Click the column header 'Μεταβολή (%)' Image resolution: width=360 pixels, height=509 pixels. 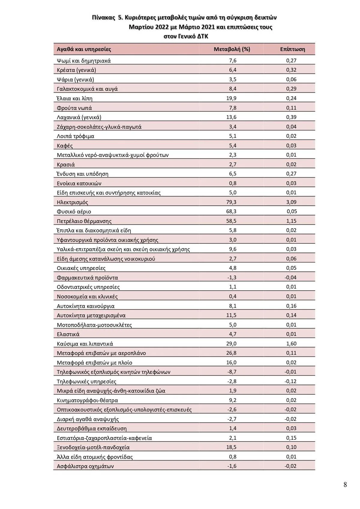[x=232, y=49]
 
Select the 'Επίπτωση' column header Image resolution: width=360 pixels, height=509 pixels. [x=292, y=49]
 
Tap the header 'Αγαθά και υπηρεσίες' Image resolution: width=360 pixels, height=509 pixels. [x=84, y=49]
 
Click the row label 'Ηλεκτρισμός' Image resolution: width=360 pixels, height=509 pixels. [x=72, y=202]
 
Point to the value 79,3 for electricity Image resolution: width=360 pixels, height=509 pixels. [x=231, y=202]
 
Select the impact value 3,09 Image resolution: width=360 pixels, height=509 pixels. [x=291, y=202]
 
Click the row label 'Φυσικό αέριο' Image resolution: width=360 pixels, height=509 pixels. [x=74, y=211]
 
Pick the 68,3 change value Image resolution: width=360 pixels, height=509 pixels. [x=231, y=211]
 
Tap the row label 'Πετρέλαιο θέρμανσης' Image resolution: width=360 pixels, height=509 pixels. [x=84, y=221]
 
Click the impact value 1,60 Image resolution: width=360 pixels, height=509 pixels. [x=291, y=343]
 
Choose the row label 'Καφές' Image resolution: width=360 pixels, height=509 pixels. [x=65, y=145]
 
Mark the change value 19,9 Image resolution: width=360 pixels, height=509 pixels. [x=231, y=98]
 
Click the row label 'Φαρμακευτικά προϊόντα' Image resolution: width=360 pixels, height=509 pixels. [x=87, y=277]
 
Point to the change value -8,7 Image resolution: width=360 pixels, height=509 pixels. [x=232, y=372]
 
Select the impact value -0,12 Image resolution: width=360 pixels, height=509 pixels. [x=290, y=381]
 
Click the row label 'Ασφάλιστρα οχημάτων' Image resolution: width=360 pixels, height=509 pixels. [x=85, y=466]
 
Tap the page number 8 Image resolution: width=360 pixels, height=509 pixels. [x=345, y=484]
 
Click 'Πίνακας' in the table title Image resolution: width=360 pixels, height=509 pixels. [x=103, y=17]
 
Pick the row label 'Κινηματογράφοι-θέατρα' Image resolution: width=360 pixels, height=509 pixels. [x=87, y=400]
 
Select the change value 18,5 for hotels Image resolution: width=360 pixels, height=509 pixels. [x=231, y=447]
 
